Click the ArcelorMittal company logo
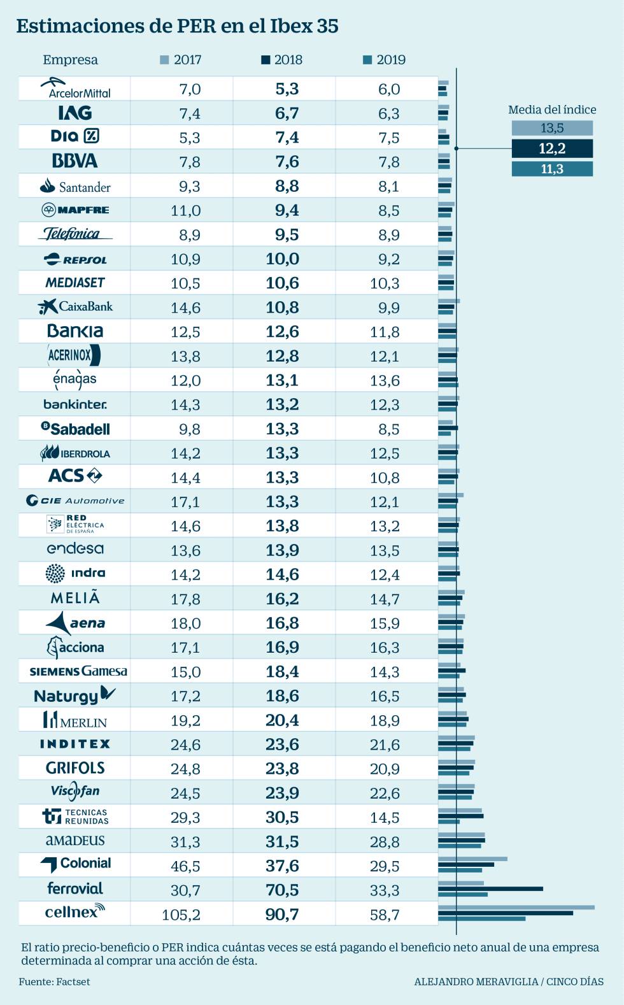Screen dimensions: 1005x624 point(75,88)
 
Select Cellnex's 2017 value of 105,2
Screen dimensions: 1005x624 point(181,915)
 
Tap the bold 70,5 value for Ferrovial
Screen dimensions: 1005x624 point(282,890)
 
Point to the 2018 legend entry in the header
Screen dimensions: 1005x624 point(281,60)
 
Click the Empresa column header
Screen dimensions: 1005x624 point(70,60)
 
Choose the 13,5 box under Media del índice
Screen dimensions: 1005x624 point(552,128)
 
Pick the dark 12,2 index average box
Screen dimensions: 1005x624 point(552,148)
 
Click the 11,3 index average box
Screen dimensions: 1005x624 point(552,169)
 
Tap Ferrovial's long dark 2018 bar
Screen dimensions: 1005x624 point(490,888)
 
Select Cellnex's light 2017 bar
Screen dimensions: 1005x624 point(516,908)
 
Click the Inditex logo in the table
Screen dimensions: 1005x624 point(75,744)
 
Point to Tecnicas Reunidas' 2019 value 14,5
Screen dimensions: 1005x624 point(385,817)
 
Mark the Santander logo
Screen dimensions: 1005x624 point(75,186)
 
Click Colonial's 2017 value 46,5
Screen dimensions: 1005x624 point(185,866)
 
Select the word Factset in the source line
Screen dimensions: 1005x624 point(73,981)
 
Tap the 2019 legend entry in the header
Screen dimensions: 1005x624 point(384,60)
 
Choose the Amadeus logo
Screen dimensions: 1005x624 point(75,841)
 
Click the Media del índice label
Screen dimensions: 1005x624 point(552,110)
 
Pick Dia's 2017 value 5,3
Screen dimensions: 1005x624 point(190,138)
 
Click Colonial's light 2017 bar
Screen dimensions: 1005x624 point(472,859)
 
